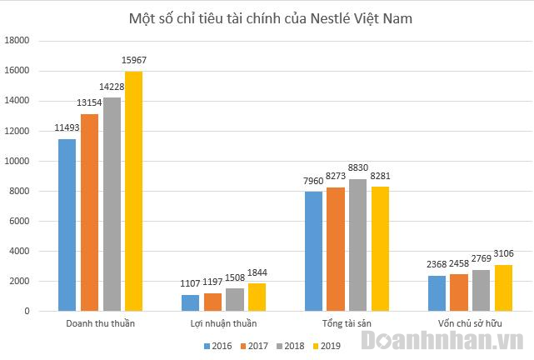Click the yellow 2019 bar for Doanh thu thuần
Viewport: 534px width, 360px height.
point(133,192)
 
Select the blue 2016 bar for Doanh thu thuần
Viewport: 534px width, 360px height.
point(67,225)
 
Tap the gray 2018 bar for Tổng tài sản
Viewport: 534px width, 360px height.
point(358,245)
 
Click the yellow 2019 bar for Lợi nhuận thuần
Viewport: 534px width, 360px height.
point(257,297)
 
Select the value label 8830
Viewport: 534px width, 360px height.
point(358,168)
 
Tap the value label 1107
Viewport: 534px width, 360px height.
point(191,284)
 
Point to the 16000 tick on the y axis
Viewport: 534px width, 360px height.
point(17,71)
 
